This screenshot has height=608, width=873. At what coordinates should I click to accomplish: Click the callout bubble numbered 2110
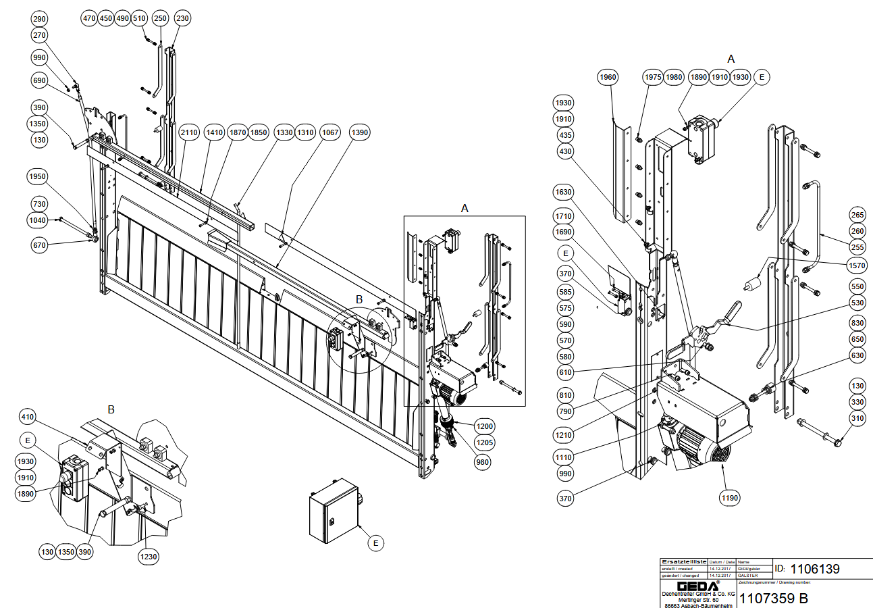[x=189, y=133]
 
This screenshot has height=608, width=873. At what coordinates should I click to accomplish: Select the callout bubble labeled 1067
[x=330, y=133]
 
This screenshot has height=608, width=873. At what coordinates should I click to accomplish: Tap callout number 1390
[x=360, y=133]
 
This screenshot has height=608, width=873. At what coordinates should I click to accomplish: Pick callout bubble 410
[x=27, y=415]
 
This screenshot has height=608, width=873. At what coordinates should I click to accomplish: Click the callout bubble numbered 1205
[x=485, y=442]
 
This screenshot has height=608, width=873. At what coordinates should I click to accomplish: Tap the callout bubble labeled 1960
[x=608, y=78]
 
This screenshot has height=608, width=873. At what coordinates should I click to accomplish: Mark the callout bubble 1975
[x=652, y=77]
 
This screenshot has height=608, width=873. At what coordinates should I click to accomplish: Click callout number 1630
[x=564, y=193]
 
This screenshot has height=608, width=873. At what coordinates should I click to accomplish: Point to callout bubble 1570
[x=857, y=266]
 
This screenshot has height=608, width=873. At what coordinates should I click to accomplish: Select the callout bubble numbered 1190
[x=730, y=498]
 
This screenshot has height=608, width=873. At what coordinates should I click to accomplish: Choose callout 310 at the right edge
[x=857, y=419]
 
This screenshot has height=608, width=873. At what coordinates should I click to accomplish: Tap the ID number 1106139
[x=815, y=569]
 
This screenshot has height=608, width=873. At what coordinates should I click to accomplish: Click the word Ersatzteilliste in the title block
[x=684, y=561]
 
